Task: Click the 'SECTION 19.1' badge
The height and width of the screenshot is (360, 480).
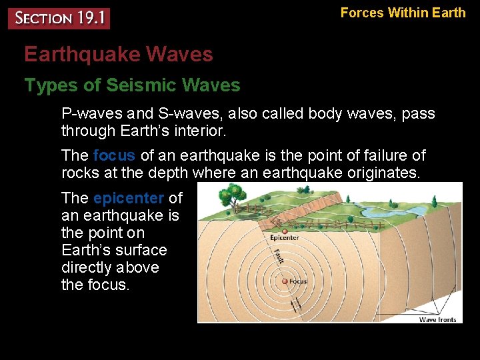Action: [x=59, y=18]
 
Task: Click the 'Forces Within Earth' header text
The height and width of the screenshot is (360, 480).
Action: [x=403, y=13]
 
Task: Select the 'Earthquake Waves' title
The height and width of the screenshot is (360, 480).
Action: [x=119, y=55]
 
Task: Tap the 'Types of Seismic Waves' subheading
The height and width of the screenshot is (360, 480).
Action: [x=132, y=85]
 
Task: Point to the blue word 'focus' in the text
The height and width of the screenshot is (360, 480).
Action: [x=114, y=156]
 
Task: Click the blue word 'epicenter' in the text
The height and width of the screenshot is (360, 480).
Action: [x=129, y=199]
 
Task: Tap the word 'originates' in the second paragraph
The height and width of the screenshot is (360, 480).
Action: [x=385, y=173]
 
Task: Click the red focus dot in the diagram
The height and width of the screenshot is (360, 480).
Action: [x=284, y=281]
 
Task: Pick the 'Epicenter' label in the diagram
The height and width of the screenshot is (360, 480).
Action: [x=284, y=237]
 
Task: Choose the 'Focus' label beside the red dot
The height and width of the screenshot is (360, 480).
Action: [x=298, y=281]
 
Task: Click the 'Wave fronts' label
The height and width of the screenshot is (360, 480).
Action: [x=437, y=319]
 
